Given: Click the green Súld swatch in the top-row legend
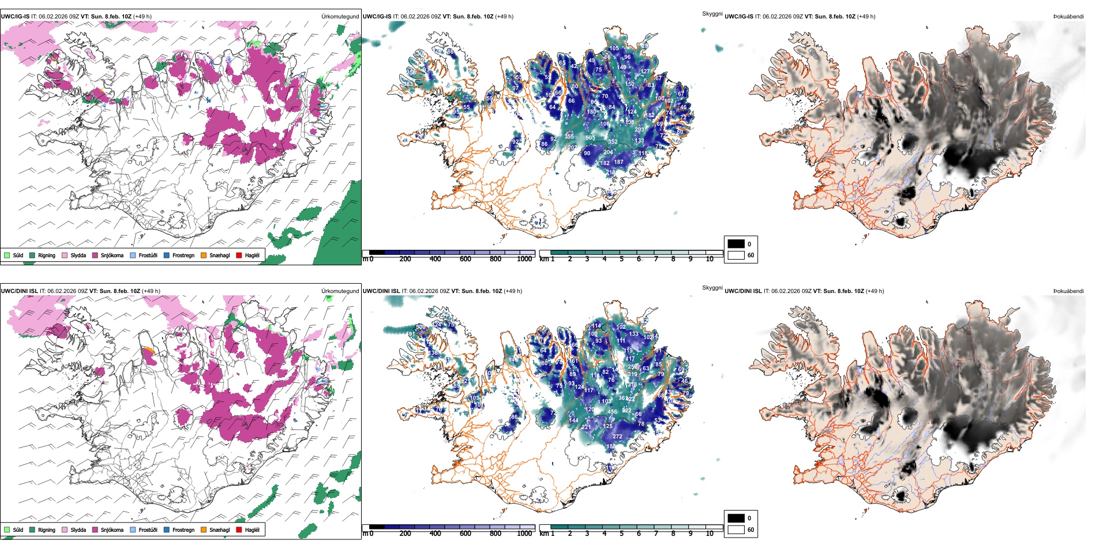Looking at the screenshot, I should (7, 255).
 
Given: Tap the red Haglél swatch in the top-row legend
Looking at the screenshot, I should (239, 255).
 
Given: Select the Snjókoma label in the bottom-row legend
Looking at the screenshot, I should (112, 530).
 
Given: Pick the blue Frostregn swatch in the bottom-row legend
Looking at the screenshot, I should (167, 530).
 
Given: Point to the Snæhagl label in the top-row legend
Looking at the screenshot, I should (219, 255).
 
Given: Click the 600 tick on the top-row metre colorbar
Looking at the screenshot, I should (465, 259).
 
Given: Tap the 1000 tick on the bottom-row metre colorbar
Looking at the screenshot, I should (524, 534).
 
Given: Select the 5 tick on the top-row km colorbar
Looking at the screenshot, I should (621, 259).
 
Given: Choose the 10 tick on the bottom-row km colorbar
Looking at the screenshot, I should (710, 534).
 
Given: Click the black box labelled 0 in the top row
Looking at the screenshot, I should (736, 244).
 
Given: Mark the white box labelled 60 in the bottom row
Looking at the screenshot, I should (736, 530).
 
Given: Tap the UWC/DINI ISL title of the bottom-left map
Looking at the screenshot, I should (19, 291).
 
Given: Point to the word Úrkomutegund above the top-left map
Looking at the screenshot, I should (340, 17).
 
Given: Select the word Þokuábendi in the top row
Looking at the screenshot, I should (1068, 17).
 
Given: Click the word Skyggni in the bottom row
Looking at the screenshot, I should (712, 288).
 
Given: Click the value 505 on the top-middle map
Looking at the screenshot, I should (590, 138).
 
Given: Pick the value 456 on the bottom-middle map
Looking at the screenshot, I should (613, 412).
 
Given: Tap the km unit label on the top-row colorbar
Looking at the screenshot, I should (544, 259).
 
